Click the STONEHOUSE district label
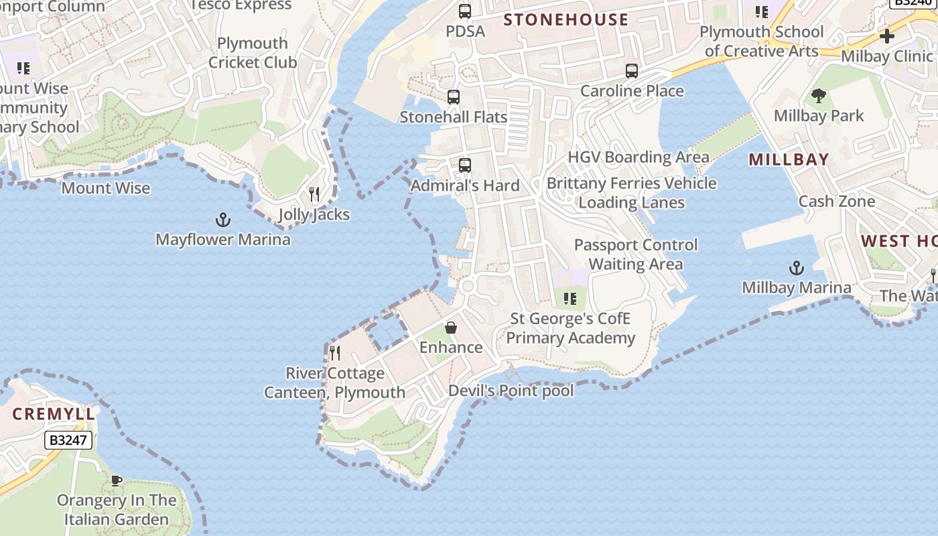tap(566, 19)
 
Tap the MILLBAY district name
tap(789, 159)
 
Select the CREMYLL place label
tap(54, 414)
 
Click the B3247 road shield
tap(68, 440)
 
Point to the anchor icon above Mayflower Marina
tap(222, 220)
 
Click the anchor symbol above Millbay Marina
tap(796, 269)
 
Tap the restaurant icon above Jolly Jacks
tap(314, 194)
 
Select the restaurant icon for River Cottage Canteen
tap(335, 352)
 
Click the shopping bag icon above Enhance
tap(451, 328)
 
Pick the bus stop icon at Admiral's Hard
tap(464, 165)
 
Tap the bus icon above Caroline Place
tap(631, 71)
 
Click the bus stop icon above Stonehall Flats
tap(454, 97)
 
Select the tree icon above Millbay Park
tap(818, 96)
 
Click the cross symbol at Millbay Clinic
tap(887, 36)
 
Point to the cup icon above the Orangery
tap(116, 480)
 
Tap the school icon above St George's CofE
tap(570, 299)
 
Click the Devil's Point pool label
tap(511, 391)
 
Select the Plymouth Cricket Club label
tap(253, 53)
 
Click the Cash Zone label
tap(837, 201)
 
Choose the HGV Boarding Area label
tap(639, 157)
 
